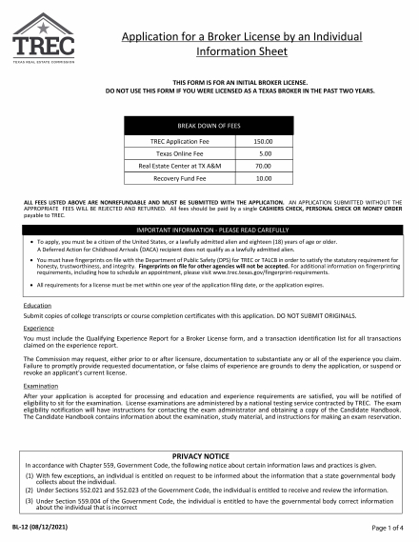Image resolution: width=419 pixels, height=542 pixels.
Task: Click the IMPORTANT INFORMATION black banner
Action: pyautogui.click(x=209, y=231)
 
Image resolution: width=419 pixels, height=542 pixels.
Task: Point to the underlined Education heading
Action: pyautogui.click(x=37, y=305)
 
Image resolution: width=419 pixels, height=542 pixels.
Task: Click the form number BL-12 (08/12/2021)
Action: pyautogui.click(x=43, y=527)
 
